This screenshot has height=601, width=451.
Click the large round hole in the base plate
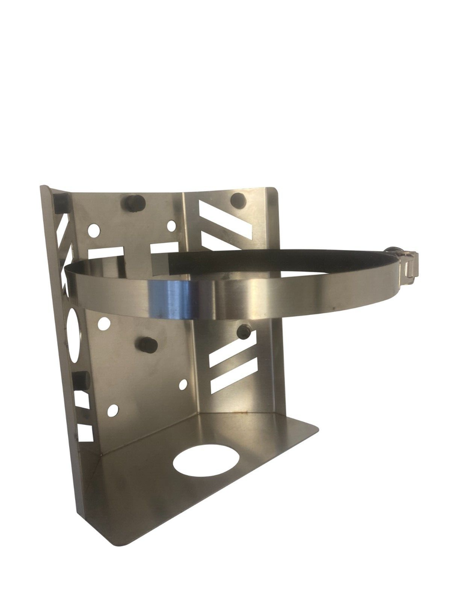pos(206,460)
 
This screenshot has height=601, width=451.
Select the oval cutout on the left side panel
pos(72,334)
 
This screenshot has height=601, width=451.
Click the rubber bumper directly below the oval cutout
pos(80,380)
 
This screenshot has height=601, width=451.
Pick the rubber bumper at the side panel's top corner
pos(61,203)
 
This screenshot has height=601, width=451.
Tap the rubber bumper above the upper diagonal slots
pos(238,200)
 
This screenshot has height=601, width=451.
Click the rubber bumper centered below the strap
pos(148,345)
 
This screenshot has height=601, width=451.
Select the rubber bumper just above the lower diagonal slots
pos(244,331)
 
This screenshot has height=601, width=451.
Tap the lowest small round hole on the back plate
pos(112,410)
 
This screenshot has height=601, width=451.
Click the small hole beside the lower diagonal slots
pos(183,384)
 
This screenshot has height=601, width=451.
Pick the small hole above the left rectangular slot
pos(94,230)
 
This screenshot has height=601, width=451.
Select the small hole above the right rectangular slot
pos(171,226)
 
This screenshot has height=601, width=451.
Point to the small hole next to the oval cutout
pos(104,323)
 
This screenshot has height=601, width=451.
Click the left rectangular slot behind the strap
pos(106,253)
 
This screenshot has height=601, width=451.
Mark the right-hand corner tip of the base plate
pos(317,428)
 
